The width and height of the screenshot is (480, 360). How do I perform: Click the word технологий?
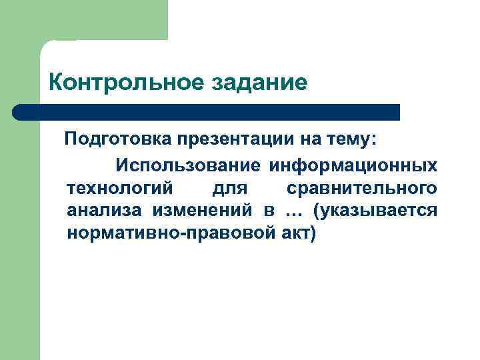click(x=120, y=187)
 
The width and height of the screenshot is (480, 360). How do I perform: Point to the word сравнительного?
click(x=362, y=187)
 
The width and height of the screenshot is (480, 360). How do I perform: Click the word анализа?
click(x=104, y=211)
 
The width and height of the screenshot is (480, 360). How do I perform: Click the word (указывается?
click(x=378, y=211)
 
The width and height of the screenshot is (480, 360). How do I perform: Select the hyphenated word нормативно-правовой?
click(x=168, y=234)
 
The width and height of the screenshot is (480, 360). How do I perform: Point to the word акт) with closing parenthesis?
click(x=294, y=234)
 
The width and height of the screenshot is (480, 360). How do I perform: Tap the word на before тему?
click(x=310, y=140)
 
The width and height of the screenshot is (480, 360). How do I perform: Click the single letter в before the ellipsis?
click(x=269, y=211)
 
